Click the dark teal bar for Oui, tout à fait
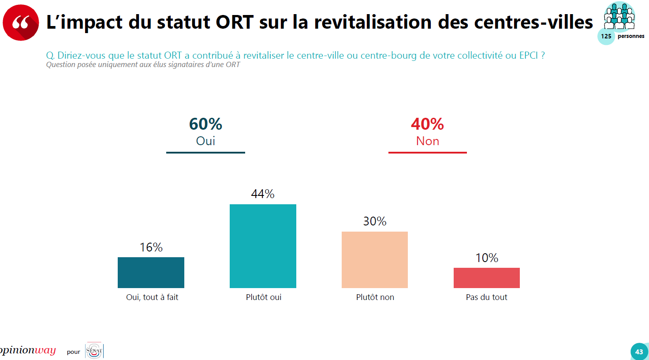pos(151,273)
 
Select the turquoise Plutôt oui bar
pos(263,246)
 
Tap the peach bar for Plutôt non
pos(375,260)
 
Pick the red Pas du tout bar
pos(487,278)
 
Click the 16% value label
pos(151,247)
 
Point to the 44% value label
pos(263,194)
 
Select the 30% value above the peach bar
pos(375,221)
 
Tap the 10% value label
pos(487,258)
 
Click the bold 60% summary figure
pos(205,124)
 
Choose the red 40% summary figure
pos(427,124)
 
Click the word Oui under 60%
pos(205,141)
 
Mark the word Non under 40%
pos(428,141)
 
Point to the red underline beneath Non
pos(428,153)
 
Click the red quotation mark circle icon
pos(21,22)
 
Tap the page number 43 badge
pos(639,352)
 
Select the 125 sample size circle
pos(606,36)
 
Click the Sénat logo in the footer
pos(94,351)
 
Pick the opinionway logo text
pos(27,350)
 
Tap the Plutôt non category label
pos(375,297)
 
